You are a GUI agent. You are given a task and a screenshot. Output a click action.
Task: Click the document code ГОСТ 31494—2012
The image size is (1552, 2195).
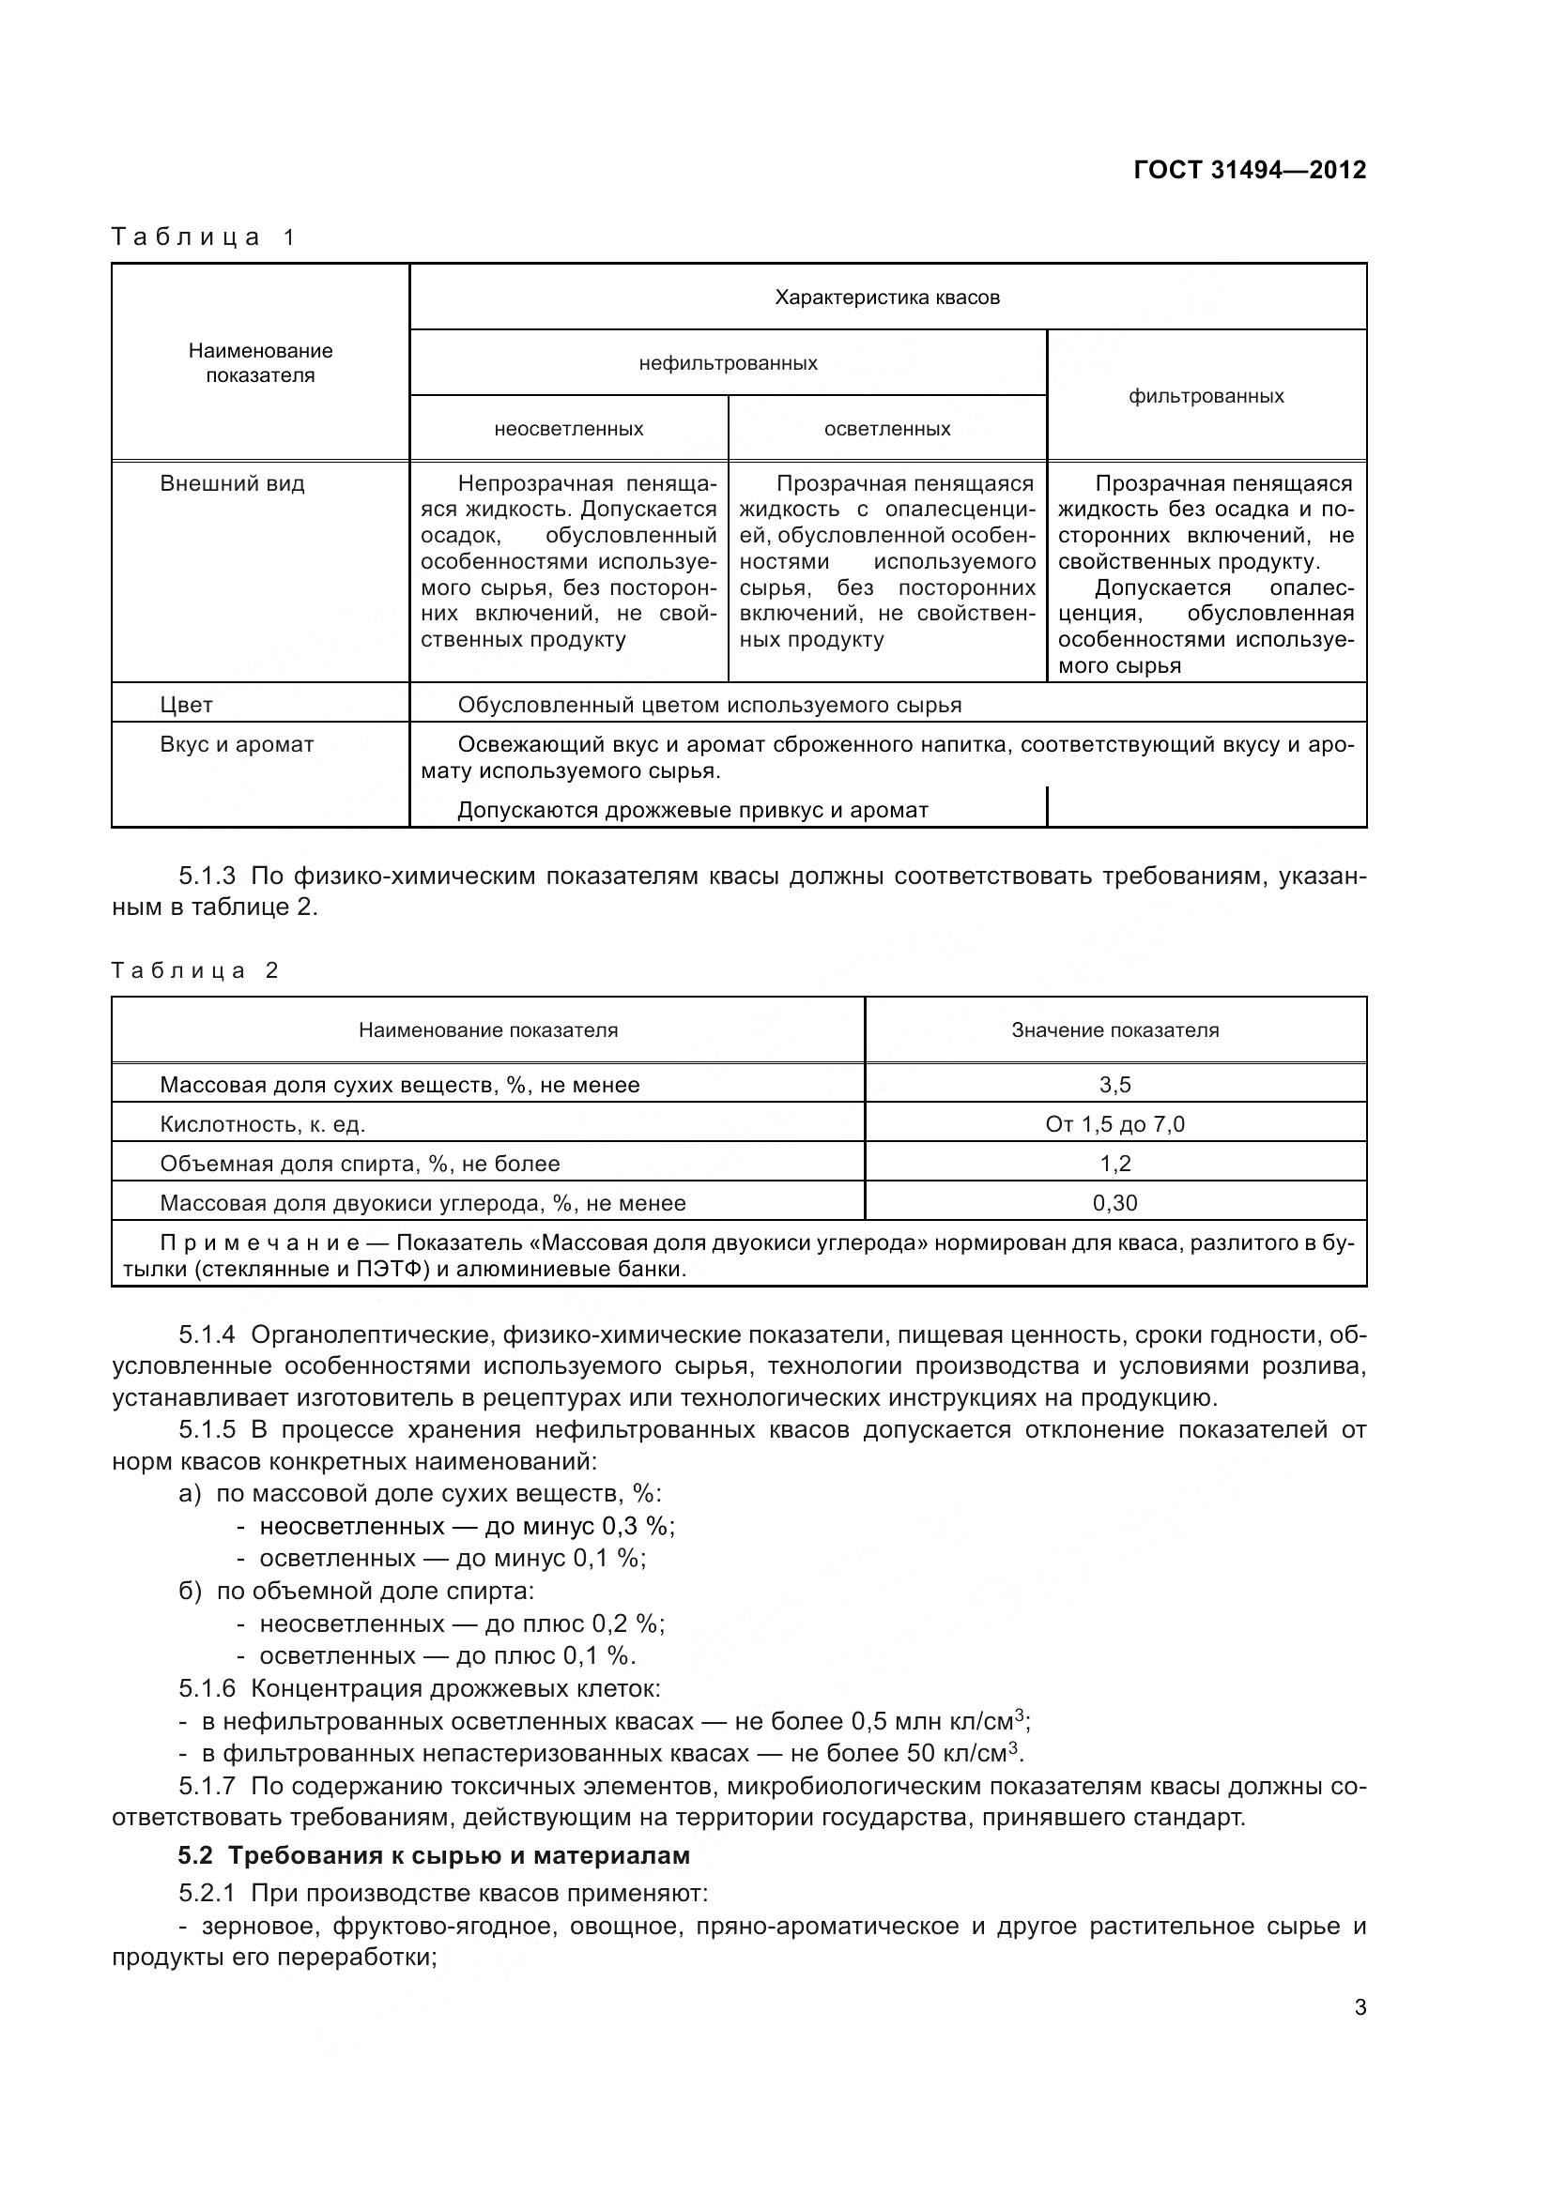[x=1249, y=170]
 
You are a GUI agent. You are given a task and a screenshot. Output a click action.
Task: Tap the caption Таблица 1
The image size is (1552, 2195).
[x=204, y=237]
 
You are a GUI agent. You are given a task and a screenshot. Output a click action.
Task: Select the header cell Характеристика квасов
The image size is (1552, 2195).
[x=886, y=297]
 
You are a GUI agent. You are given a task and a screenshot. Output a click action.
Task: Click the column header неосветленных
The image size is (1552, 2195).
[x=568, y=429]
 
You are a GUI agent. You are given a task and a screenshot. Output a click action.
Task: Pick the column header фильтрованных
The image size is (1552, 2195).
[x=1205, y=396]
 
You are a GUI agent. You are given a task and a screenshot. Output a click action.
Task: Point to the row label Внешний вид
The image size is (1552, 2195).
[x=231, y=483]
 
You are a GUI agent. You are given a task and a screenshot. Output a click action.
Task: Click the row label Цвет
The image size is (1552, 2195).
[x=187, y=705]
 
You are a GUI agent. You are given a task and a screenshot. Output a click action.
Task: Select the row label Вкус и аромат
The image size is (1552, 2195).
[x=237, y=745]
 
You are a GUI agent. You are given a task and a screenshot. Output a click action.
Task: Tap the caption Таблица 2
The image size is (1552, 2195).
[x=194, y=970]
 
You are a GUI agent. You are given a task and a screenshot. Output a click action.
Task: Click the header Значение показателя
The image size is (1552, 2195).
[x=1115, y=1029]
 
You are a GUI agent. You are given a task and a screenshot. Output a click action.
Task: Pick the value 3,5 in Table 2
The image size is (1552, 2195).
[x=1115, y=1084]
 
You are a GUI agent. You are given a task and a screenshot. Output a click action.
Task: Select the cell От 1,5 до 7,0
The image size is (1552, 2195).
[x=1115, y=1124]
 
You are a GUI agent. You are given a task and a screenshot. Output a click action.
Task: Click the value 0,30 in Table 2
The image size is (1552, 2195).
[x=1115, y=1203]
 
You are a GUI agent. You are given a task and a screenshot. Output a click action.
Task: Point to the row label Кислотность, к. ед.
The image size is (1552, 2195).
[x=262, y=1124]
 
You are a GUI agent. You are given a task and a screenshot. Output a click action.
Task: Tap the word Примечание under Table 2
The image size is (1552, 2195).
[x=259, y=1242]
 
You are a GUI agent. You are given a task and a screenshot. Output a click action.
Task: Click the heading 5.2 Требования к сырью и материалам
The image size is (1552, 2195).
[x=433, y=1855]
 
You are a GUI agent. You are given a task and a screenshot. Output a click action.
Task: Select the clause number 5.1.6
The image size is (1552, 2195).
[x=207, y=1688]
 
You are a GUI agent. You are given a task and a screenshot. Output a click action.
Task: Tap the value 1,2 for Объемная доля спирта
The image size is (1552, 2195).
[x=1115, y=1164]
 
